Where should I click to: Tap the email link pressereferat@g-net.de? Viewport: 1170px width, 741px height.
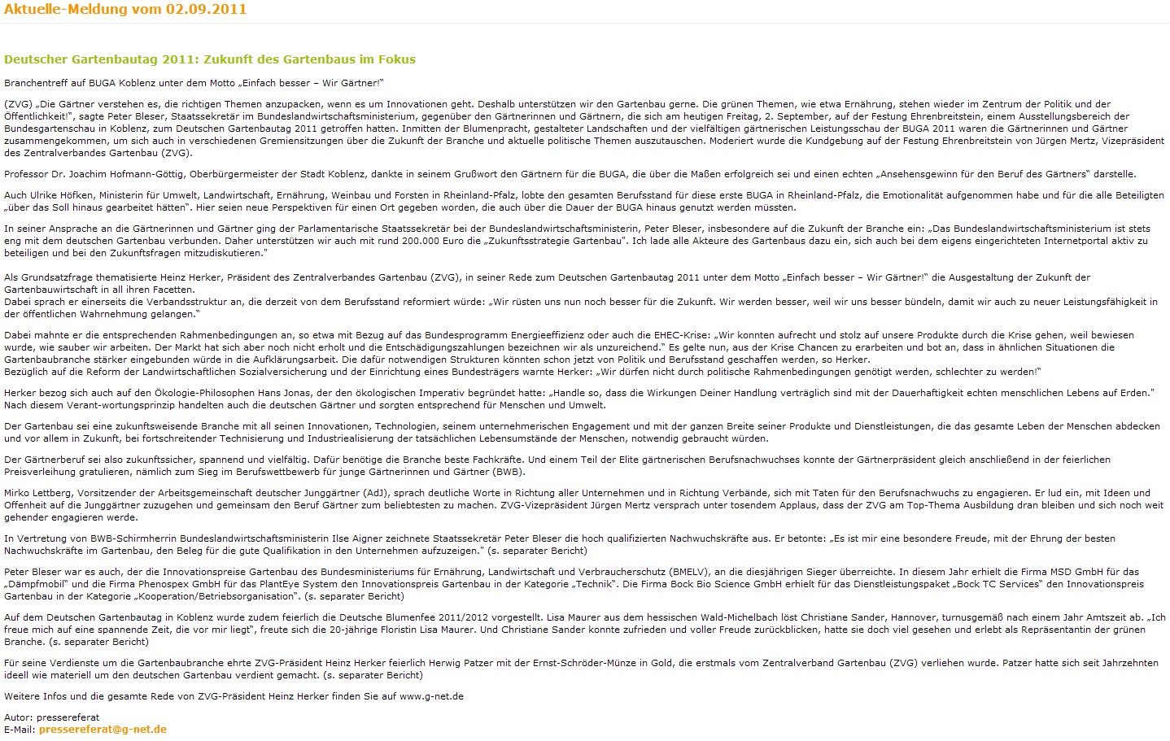(x=103, y=730)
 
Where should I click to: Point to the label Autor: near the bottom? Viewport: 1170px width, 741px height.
(x=19, y=717)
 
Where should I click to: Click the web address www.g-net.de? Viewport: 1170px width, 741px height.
(x=431, y=696)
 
